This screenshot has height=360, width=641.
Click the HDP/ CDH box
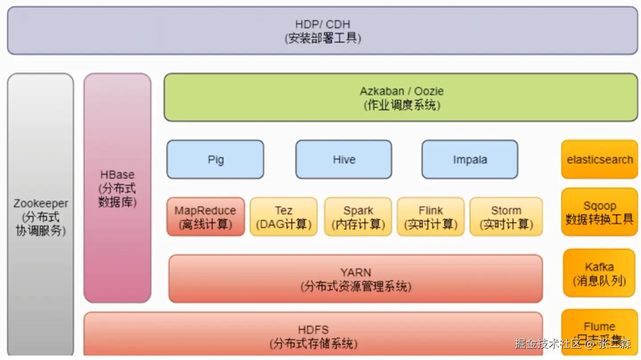pyautogui.click(x=322, y=31)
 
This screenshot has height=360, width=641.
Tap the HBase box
pyautogui.click(x=117, y=188)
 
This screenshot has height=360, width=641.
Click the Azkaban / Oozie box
pyautogui.click(x=401, y=97)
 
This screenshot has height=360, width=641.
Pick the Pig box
pyautogui.click(x=215, y=159)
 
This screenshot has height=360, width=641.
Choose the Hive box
pyautogui.click(x=344, y=159)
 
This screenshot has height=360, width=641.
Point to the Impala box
pyautogui.click(x=470, y=159)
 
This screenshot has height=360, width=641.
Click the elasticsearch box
pyautogui.click(x=599, y=159)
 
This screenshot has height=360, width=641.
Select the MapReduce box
pyautogui.click(x=205, y=217)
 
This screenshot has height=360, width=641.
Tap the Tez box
pyautogui.click(x=284, y=217)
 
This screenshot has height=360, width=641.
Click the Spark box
pyautogui.click(x=358, y=217)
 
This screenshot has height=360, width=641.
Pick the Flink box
pyautogui.click(x=430, y=217)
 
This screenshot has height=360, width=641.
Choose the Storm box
pyautogui.click(x=506, y=217)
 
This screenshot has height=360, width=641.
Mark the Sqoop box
pyautogui.click(x=599, y=212)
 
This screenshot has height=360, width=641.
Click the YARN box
pyautogui.click(x=355, y=279)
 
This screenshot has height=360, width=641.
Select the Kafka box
pyautogui.click(x=599, y=273)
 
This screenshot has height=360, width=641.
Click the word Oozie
pyautogui.click(x=429, y=91)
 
